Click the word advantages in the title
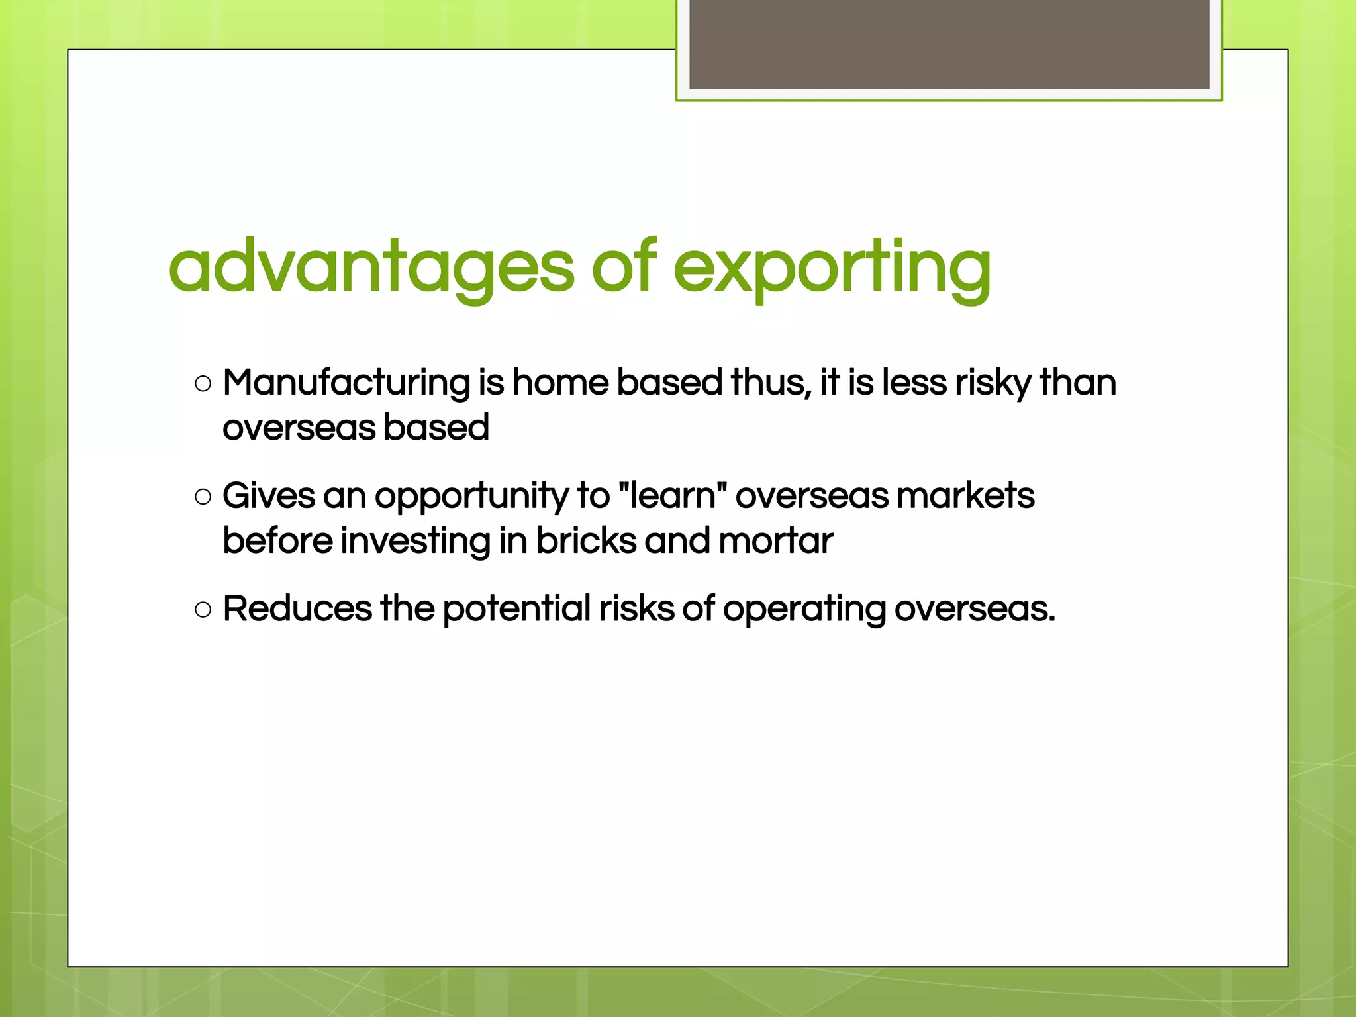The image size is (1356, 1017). click(371, 267)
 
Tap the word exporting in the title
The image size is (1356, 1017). click(832, 267)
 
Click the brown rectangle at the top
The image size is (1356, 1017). click(949, 44)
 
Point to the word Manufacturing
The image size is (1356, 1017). click(346, 383)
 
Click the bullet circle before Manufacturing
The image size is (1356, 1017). click(203, 383)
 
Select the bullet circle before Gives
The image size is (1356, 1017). click(203, 497)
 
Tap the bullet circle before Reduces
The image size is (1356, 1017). click(203, 609)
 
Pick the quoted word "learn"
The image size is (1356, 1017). click(672, 495)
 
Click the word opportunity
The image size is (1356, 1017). click(471, 497)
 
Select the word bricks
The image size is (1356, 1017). click(586, 540)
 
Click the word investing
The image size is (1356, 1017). click(415, 542)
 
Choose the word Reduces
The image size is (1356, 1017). click(297, 608)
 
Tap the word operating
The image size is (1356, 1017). click(804, 609)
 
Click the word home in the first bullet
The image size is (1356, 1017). click(560, 383)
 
